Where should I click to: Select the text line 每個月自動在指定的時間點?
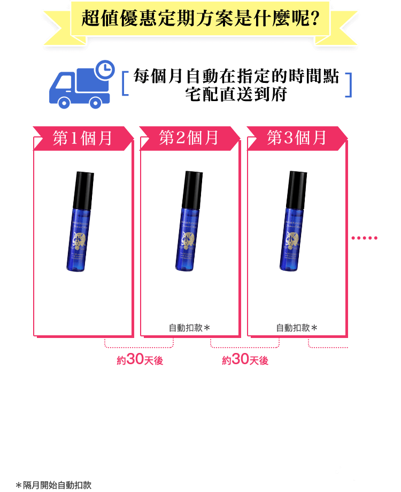(236, 76)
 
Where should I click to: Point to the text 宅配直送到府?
(236, 95)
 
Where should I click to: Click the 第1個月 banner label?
(83, 138)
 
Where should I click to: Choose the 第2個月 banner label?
(189, 138)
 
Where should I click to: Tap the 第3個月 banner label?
(297, 138)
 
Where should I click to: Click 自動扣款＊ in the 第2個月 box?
(189, 328)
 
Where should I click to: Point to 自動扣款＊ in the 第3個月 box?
(297, 328)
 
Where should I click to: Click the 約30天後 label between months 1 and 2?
(140, 360)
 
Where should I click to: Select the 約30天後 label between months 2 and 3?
(245, 360)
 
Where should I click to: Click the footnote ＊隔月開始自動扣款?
(53, 485)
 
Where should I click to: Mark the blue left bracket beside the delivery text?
(125, 85)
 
